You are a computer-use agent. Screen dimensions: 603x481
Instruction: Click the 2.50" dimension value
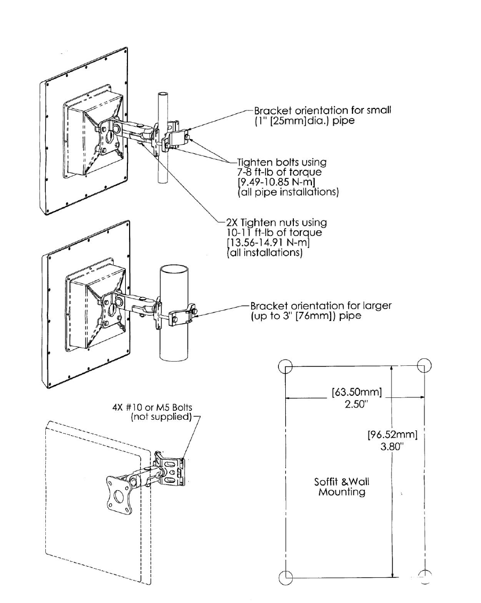point(355,405)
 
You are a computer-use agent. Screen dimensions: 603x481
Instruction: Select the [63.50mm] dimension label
point(357,394)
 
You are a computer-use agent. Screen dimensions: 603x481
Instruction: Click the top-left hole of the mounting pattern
point(285,366)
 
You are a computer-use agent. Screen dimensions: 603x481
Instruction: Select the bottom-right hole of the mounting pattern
point(425,576)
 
